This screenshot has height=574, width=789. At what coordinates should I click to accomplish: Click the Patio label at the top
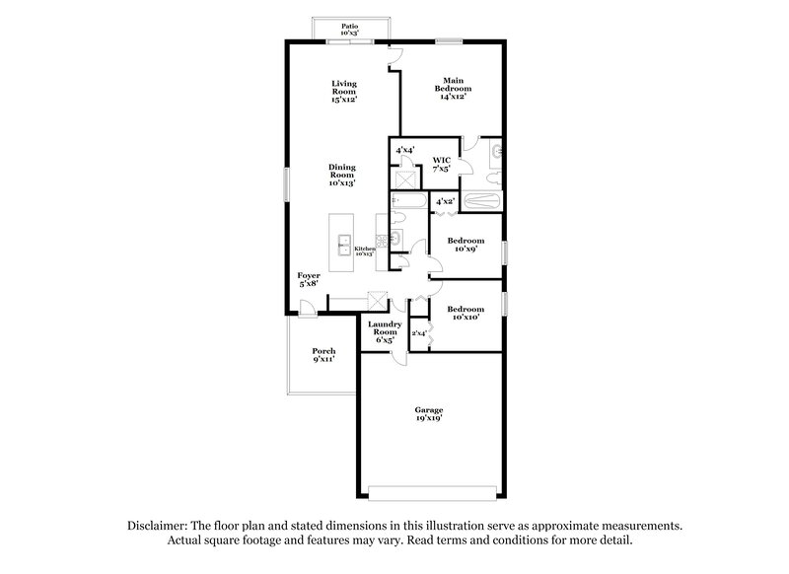349,31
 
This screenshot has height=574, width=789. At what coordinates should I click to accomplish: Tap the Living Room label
343,91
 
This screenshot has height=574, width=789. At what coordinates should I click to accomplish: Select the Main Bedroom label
452,88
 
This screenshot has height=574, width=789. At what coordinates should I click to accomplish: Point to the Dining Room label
342,174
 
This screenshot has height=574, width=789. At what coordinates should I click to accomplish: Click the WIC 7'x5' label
441,163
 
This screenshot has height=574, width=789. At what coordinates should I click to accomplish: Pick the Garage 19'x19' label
428,413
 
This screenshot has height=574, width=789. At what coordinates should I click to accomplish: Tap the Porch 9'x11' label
323,354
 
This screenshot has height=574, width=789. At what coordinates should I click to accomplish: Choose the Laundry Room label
384,331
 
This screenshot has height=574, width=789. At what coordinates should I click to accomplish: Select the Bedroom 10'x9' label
466,245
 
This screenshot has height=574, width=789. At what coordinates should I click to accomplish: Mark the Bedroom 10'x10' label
466,313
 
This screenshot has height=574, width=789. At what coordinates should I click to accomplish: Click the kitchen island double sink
345,243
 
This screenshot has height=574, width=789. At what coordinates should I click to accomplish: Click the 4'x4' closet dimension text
405,150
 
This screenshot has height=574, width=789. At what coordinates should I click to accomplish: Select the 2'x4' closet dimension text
418,333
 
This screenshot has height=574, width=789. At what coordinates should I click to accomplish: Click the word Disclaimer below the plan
159,526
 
